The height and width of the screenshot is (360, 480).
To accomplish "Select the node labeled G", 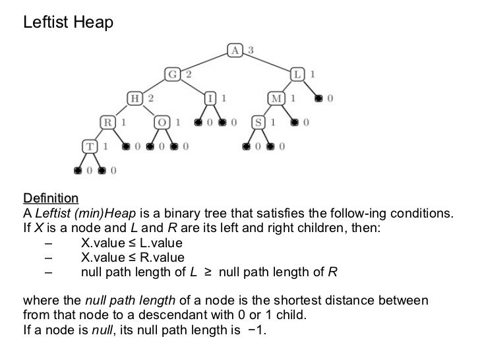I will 173,75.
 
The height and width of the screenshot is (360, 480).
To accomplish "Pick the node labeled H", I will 135,98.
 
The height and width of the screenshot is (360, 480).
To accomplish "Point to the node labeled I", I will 211,98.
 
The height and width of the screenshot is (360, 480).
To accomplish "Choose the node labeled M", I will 276,98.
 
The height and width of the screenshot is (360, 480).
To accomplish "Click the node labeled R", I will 107,122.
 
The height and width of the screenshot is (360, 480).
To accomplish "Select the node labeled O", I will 162,122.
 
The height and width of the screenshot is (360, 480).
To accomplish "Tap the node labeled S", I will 260,122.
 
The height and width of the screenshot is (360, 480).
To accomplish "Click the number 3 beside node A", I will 251,50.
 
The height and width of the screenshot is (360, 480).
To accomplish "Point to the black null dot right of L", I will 319,99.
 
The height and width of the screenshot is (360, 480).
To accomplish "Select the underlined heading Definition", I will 51,198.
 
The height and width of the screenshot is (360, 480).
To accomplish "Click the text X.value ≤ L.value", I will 131,243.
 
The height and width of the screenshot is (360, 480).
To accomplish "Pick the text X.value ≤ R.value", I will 133,258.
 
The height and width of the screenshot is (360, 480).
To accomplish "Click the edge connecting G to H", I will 154,86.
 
